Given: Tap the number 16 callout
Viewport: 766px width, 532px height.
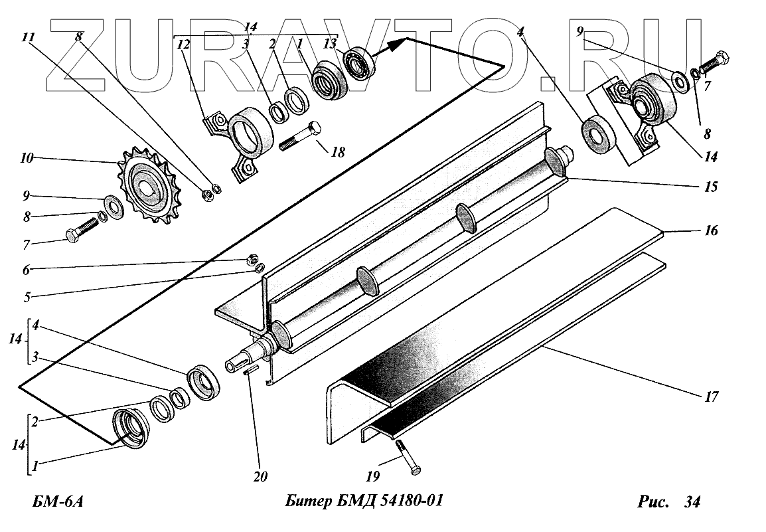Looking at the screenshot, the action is coord(710,230).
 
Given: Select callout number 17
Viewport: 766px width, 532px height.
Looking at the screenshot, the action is coord(710,397).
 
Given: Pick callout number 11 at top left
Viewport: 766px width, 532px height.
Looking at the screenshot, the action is coord(28,38).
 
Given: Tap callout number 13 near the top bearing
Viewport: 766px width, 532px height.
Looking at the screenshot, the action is coord(330,44).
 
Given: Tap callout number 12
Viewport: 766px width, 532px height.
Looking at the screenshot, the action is coord(183,44).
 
